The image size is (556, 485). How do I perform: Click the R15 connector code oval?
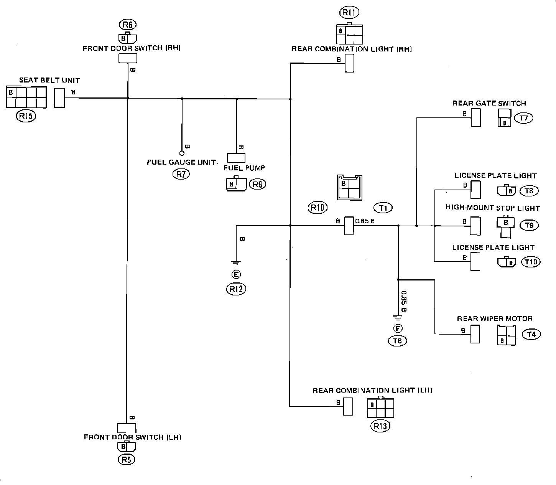click(26, 116)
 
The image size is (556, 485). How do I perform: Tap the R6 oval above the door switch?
click(128, 25)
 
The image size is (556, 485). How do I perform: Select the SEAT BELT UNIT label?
click(49, 81)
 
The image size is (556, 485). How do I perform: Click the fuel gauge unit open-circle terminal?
click(182, 153)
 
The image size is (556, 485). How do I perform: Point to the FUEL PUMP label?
click(244, 168)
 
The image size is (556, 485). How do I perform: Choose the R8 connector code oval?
click(257, 184)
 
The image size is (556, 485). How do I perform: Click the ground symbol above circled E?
click(236, 263)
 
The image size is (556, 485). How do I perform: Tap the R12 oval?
click(236, 289)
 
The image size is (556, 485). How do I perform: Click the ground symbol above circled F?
click(398, 317)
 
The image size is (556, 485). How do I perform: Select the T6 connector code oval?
click(398, 341)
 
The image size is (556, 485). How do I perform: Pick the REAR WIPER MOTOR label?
click(495, 318)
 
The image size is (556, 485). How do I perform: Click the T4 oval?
click(531, 334)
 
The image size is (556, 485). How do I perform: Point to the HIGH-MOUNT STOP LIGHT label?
click(492, 208)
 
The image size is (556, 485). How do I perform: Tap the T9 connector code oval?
click(529, 225)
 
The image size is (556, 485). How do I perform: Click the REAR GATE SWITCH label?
click(489, 103)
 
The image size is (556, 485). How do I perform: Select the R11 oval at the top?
click(349, 13)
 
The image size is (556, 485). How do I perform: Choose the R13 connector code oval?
click(380, 426)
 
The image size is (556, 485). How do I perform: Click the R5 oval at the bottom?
click(127, 460)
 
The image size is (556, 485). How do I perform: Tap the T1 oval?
click(383, 208)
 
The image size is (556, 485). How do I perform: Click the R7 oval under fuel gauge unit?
click(181, 174)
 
